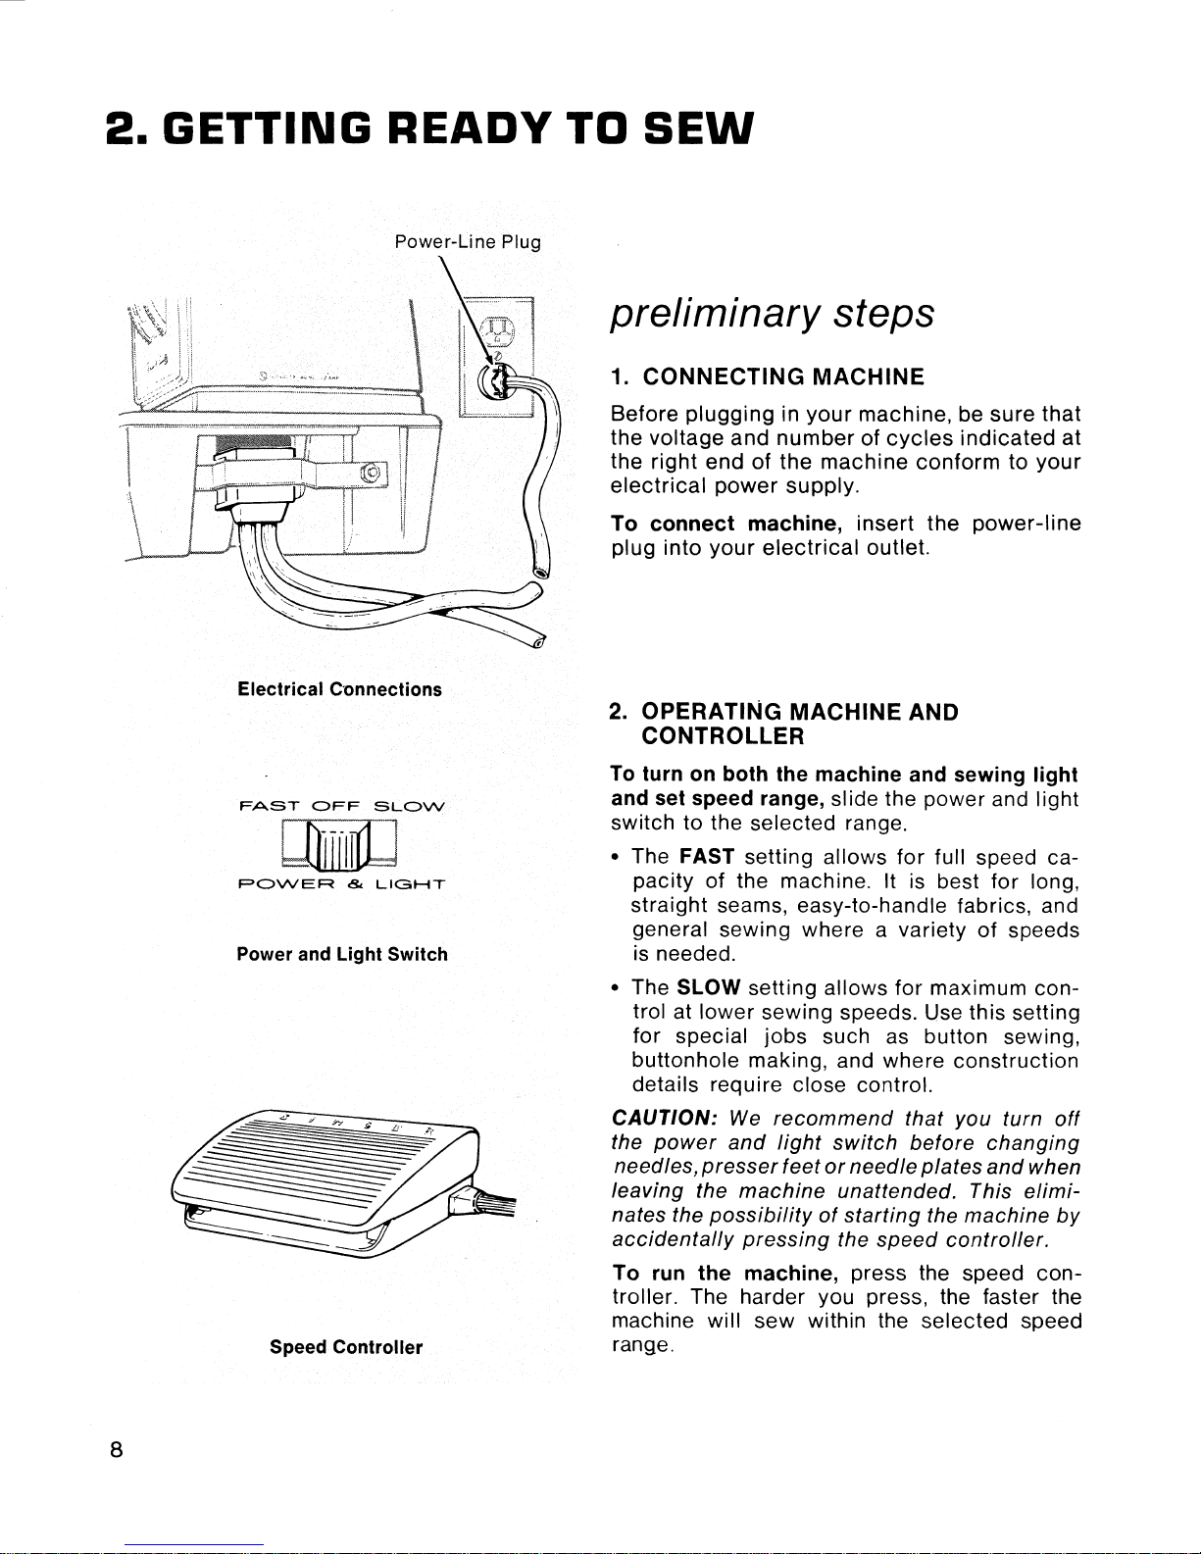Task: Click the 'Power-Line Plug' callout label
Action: [x=467, y=241]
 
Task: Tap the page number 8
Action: [x=115, y=1453]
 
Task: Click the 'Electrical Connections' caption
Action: [x=339, y=689]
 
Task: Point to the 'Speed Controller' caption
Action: [x=346, y=1346]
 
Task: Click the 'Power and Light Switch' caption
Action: [x=342, y=954]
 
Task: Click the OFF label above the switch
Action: [x=334, y=807]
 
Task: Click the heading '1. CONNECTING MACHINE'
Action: [x=767, y=377]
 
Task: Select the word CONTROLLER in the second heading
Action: [x=723, y=735]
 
